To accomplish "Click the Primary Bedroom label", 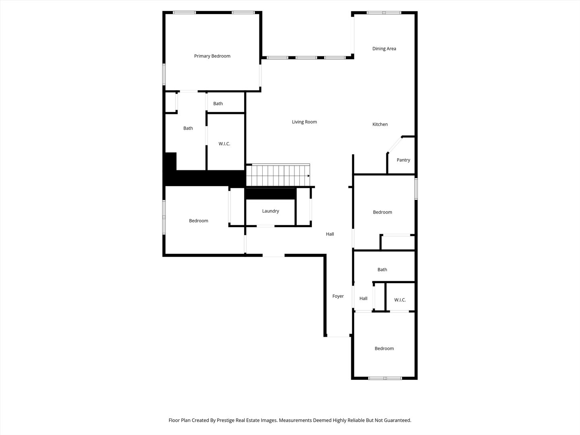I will pyautogui.click(x=212, y=56).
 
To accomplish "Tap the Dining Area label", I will pyautogui.click(x=384, y=49).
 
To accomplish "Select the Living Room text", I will pyautogui.click(x=304, y=122).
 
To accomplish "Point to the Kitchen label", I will pyautogui.click(x=380, y=124).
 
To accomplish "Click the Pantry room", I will pyautogui.click(x=403, y=160).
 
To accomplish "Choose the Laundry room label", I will pyautogui.click(x=270, y=211).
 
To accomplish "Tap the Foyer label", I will pyautogui.click(x=338, y=296).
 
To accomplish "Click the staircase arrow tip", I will pyautogui.click(x=309, y=176).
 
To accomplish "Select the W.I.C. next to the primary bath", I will pyautogui.click(x=224, y=144).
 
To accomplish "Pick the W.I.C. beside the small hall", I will pyautogui.click(x=400, y=300).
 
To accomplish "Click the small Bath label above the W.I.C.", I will pyautogui.click(x=218, y=104).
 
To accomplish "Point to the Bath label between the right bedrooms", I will pyautogui.click(x=382, y=270).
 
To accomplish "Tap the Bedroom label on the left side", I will pyautogui.click(x=199, y=221).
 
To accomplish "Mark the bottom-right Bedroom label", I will pyautogui.click(x=384, y=349).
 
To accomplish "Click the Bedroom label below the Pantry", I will pyautogui.click(x=382, y=212).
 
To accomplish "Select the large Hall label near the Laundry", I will pyautogui.click(x=330, y=234).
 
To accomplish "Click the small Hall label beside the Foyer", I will pyautogui.click(x=363, y=299).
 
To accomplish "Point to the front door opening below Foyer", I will pyautogui.click(x=338, y=336).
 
